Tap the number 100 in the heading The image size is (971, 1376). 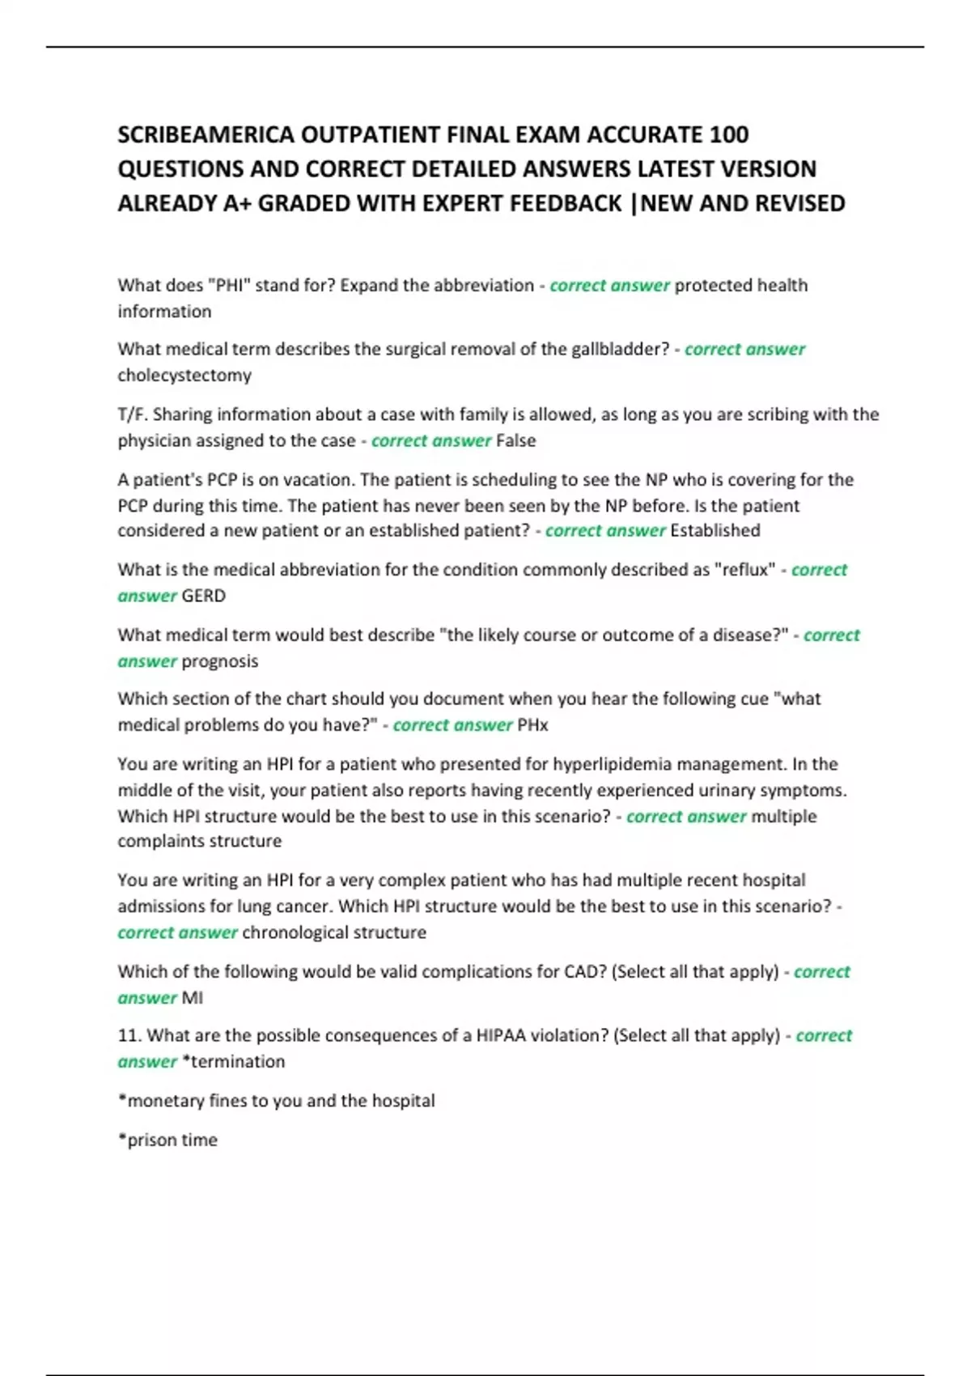[728, 134]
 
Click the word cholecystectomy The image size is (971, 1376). [184, 376]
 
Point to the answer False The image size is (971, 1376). [515, 440]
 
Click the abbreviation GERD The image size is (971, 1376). [204, 596]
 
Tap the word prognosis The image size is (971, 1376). [220, 661]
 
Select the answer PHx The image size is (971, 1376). [532, 725]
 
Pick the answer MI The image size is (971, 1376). [193, 998]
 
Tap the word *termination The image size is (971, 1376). [234, 1062]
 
